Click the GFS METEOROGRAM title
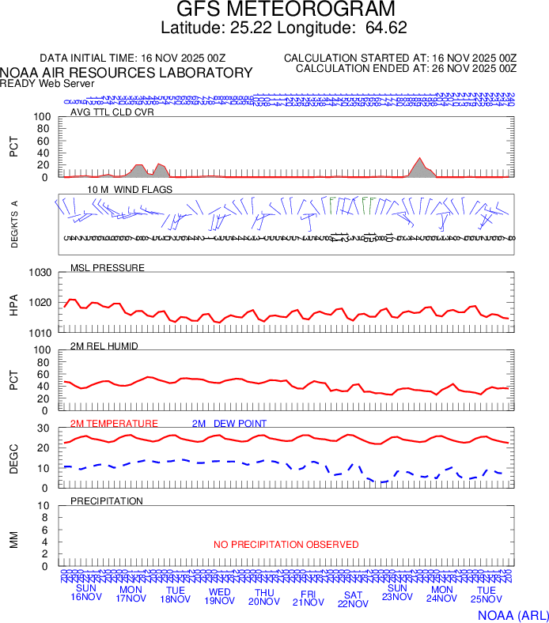pyautogui.click(x=285, y=10)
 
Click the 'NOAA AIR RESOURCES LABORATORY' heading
pyautogui.click(x=127, y=73)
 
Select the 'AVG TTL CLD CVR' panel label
pyautogui.click(x=112, y=111)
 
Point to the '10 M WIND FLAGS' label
pyautogui.click(x=130, y=190)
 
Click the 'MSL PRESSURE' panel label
pyautogui.click(x=108, y=267)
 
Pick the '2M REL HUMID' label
pyautogui.click(x=104, y=345)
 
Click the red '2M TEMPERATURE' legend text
pyautogui.click(x=114, y=424)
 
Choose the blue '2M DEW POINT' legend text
pyautogui.click(x=229, y=424)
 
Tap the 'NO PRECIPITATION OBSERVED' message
pyautogui.click(x=286, y=545)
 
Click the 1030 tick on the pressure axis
pyautogui.click(x=41, y=273)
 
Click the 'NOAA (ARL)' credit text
pyautogui.click(x=513, y=614)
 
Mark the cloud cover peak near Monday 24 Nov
pyautogui.click(x=419, y=158)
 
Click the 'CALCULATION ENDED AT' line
pyautogui.click(x=406, y=69)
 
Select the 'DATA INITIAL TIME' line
pyautogui.click(x=133, y=59)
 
